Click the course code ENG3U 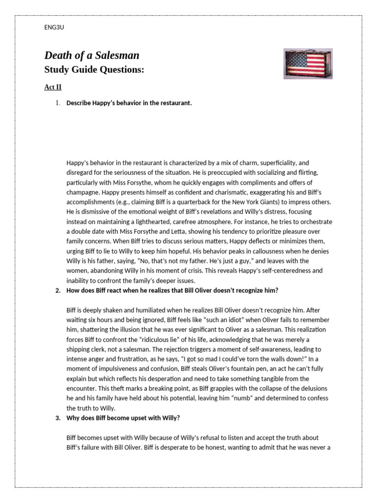point(54,28)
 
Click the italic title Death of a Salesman point(92,55)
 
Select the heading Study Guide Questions point(94,70)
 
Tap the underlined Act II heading point(53,87)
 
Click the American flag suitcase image point(308,63)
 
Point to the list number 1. point(57,103)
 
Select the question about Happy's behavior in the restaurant point(129,103)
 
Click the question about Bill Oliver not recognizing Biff point(172,290)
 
